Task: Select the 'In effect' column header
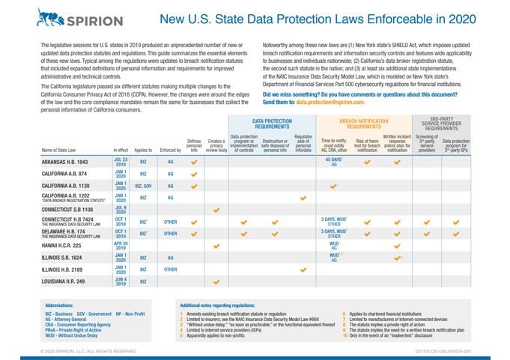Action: click(x=121, y=150)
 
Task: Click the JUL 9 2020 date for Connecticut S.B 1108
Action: click(x=121, y=210)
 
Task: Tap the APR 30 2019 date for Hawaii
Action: click(x=121, y=245)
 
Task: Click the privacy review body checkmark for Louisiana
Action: click(x=216, y=282)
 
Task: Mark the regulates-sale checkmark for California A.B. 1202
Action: click(x=303, y=198)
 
